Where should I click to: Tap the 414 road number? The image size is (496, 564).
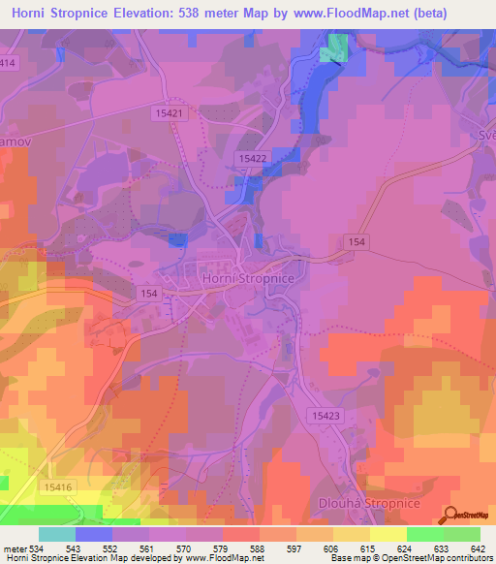9,63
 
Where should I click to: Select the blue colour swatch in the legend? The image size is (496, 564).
94,534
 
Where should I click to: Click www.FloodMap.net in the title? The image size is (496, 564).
357,14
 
